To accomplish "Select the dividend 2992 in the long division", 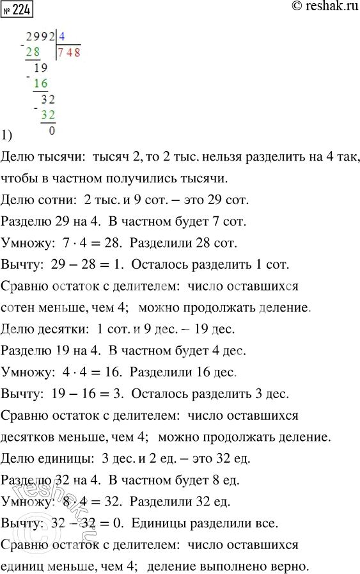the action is (40, 38).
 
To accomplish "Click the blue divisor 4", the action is (61, 38).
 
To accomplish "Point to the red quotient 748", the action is (68, 52).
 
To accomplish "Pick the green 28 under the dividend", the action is (33, 52).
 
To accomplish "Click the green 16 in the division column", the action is (40, 83).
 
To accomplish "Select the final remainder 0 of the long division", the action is (51, 131).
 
